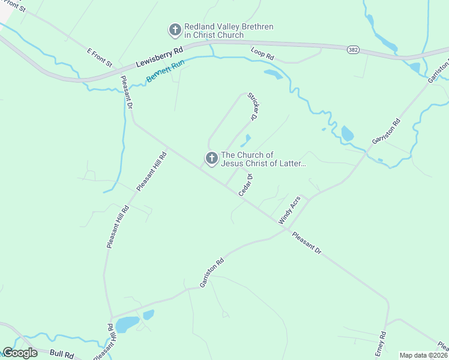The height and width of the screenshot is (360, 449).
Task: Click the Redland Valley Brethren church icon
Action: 175,29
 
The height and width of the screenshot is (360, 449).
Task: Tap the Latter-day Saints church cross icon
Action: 211,158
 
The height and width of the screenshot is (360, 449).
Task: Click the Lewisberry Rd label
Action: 158,58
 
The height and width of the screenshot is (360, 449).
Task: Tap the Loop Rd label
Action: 262,53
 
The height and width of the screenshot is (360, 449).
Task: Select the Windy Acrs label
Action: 289,211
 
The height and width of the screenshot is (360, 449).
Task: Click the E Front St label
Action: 100,58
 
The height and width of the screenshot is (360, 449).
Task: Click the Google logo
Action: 20,353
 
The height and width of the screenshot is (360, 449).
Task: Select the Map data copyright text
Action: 423,355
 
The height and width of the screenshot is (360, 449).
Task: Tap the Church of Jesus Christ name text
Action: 263,159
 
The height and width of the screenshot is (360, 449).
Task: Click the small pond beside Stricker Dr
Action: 246,140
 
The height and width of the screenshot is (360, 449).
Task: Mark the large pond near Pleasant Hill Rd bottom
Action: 127,325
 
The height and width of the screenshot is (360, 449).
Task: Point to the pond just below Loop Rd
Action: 273,74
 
